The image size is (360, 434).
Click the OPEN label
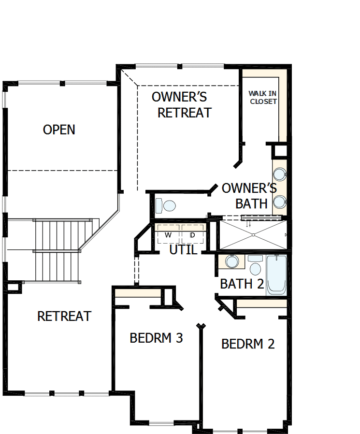pyautogui.click(x=59, y=130)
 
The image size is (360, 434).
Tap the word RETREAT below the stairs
pyautogui.click(x=64, y=316)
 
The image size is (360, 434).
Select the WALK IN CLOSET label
pyautogui.click(x=263, y=97)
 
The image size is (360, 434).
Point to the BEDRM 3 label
pyautogui.click(x=156, y=338)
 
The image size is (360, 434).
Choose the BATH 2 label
pyautogui.click(x=242, y=284)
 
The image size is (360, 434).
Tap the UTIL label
pyautogui.click(x=183, y=250)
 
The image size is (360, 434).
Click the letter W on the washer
pyautogui.click(x=168, y=235)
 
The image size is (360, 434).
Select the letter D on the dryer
pyautogui.click(x=192, y=235)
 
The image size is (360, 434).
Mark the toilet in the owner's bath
pyautogui.click(x=166, y=206)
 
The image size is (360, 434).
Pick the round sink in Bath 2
pyautogui.click(x=232, y=261)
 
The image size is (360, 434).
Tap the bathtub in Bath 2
pyautogui.click(x=276, y=275)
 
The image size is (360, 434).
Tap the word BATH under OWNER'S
pyautogui.click(x=251, y=203)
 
